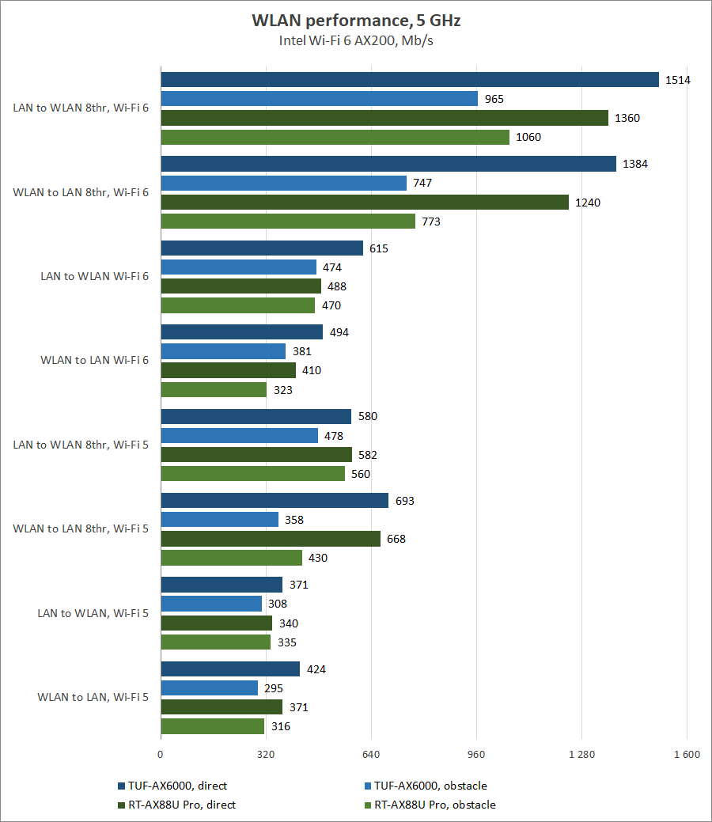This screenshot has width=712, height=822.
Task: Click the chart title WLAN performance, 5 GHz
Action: point(355,20)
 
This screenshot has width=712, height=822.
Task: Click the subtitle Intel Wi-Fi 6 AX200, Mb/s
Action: point(355,40)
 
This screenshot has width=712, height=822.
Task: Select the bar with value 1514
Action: point(410,80)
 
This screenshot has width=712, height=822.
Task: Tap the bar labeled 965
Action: point(319,99)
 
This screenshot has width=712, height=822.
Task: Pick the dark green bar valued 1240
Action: point(365,203)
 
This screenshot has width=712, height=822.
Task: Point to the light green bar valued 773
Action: point(288,222)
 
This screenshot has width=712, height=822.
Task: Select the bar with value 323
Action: point(214,390)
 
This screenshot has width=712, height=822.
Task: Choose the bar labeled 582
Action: point(256,455)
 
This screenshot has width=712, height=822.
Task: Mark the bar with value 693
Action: point(275,501)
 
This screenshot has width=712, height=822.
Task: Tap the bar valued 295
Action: point(209,688)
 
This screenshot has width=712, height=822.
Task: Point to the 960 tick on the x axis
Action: point(476,755)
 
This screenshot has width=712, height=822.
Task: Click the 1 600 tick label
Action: point(686,755)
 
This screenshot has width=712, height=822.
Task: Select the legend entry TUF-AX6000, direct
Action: point(172,786)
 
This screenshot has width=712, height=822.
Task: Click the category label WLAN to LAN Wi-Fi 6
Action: point(94,361)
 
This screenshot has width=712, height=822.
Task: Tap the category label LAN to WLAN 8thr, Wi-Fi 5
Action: point(81,445)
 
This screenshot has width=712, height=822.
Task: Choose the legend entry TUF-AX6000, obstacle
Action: point(425,786)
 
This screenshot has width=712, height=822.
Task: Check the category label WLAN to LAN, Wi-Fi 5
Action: point(93,698)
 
